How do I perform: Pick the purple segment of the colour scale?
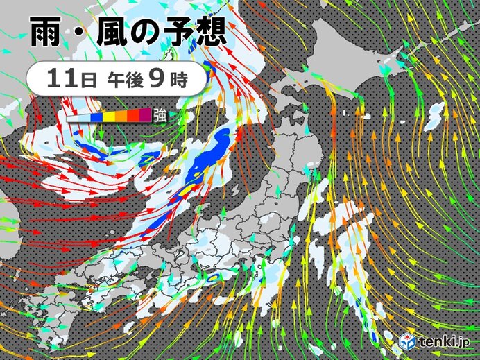pyautogui.click(x=145, y=115)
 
